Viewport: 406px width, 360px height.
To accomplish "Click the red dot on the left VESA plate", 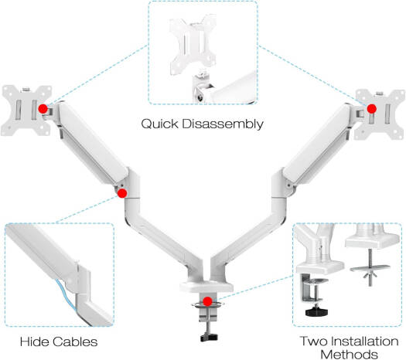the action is pyautogui.click(x=43, y=109).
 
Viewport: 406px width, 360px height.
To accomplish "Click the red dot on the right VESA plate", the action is pyautogui.click(x=372, y=109).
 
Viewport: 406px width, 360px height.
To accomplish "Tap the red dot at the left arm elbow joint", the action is pyautogui.click(x=122, y=193).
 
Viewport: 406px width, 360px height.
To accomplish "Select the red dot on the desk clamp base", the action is pyautogui.click(x=208, y=301).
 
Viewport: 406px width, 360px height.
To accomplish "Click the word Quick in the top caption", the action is pyautogui.click(x=160, y=124).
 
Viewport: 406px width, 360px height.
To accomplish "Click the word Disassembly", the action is pyautogui.click(x=223, y=124).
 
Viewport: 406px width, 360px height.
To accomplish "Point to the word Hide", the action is pyautogui.click(x=36, y=341).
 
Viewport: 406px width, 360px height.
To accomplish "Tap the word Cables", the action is pyautogui.click(x=76, y=341).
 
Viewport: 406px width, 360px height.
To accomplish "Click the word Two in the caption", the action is pyautogui.click(x=314, y=341).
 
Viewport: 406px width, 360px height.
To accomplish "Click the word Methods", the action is pyautogui.click(x=349, y=354).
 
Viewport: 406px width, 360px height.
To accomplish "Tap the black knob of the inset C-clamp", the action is pyautogui.click(x=316, y=311).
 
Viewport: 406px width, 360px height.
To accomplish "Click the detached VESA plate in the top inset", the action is pyautogui.click(x=193, y=45).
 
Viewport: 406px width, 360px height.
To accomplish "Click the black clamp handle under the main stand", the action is pyautogui.click(x=209, y=338).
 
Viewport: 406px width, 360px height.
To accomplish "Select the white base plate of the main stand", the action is pyautogui.click(x=206, y=287).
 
